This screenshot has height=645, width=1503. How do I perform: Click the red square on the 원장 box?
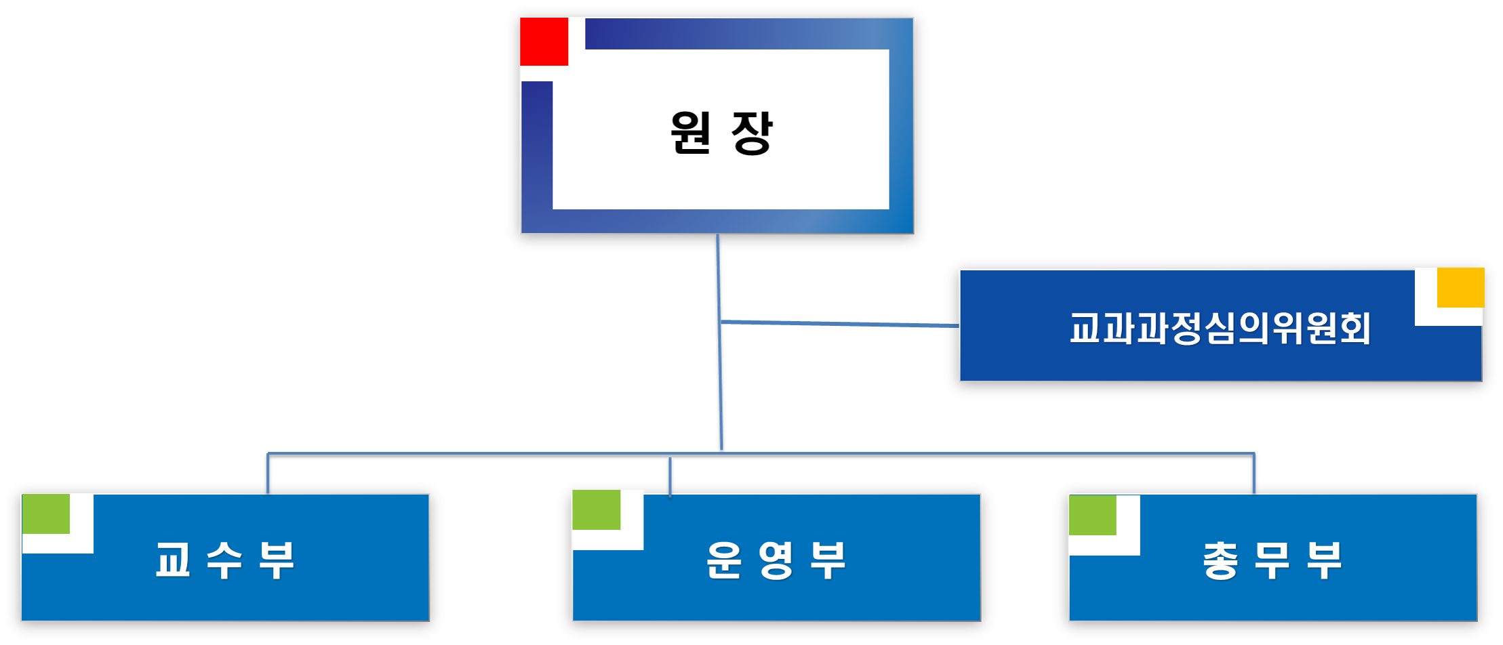pos(544,41)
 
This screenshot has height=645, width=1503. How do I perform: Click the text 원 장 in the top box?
pos(721,133)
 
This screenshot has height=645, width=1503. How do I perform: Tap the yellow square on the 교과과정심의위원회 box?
pos(1460,287)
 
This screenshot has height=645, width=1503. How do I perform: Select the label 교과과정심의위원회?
pos(1220,328)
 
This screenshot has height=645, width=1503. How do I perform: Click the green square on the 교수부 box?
pos(46,514)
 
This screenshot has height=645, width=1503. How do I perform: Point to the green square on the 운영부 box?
pos(596,509)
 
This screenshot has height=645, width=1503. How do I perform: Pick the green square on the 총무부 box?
pos(1092,515)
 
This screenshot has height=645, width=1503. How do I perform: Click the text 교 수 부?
pos(225,560)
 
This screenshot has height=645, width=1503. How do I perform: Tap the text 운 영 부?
pos(776,560)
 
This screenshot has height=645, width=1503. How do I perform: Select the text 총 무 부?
pos(1272,560)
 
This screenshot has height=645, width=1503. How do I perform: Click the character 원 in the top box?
pos(691,133)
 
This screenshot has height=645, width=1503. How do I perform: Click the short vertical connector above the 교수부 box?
pos(268,473)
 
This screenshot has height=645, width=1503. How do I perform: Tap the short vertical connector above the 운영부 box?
pos(670,476)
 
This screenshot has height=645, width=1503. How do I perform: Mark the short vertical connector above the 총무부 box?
pos(1254,473)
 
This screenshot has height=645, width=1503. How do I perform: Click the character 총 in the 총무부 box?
pos(1220,560)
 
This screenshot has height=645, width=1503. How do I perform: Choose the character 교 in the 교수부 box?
pos(172,560)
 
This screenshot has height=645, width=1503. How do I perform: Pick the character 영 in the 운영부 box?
pos(776,560)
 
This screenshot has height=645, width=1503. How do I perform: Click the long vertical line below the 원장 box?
pos(720,379)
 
